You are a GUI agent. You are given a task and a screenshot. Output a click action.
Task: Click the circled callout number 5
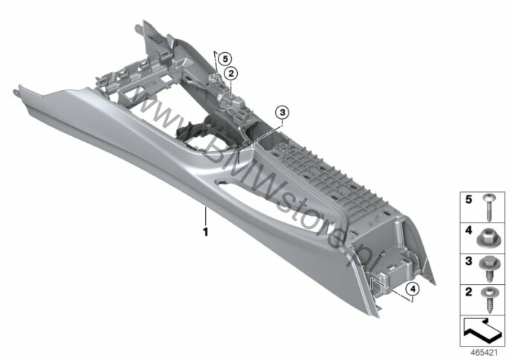[225, 60]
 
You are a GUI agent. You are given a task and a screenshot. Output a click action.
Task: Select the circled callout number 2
[231, 74]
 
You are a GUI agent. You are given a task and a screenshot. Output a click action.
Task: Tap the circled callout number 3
[282, 112]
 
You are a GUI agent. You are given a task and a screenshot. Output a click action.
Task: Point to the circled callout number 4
[413, 289]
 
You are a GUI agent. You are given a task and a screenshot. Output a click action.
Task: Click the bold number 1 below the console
[205, 232]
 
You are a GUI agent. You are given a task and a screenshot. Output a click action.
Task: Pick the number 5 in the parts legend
[468, 199]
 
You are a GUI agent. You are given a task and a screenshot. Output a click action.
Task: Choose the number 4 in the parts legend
[468, 231]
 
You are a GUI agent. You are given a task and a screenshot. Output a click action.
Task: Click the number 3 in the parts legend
[468, 261]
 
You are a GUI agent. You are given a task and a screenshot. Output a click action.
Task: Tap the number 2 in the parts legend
[468, 292]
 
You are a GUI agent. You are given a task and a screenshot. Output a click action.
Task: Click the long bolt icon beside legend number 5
[487, 208]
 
